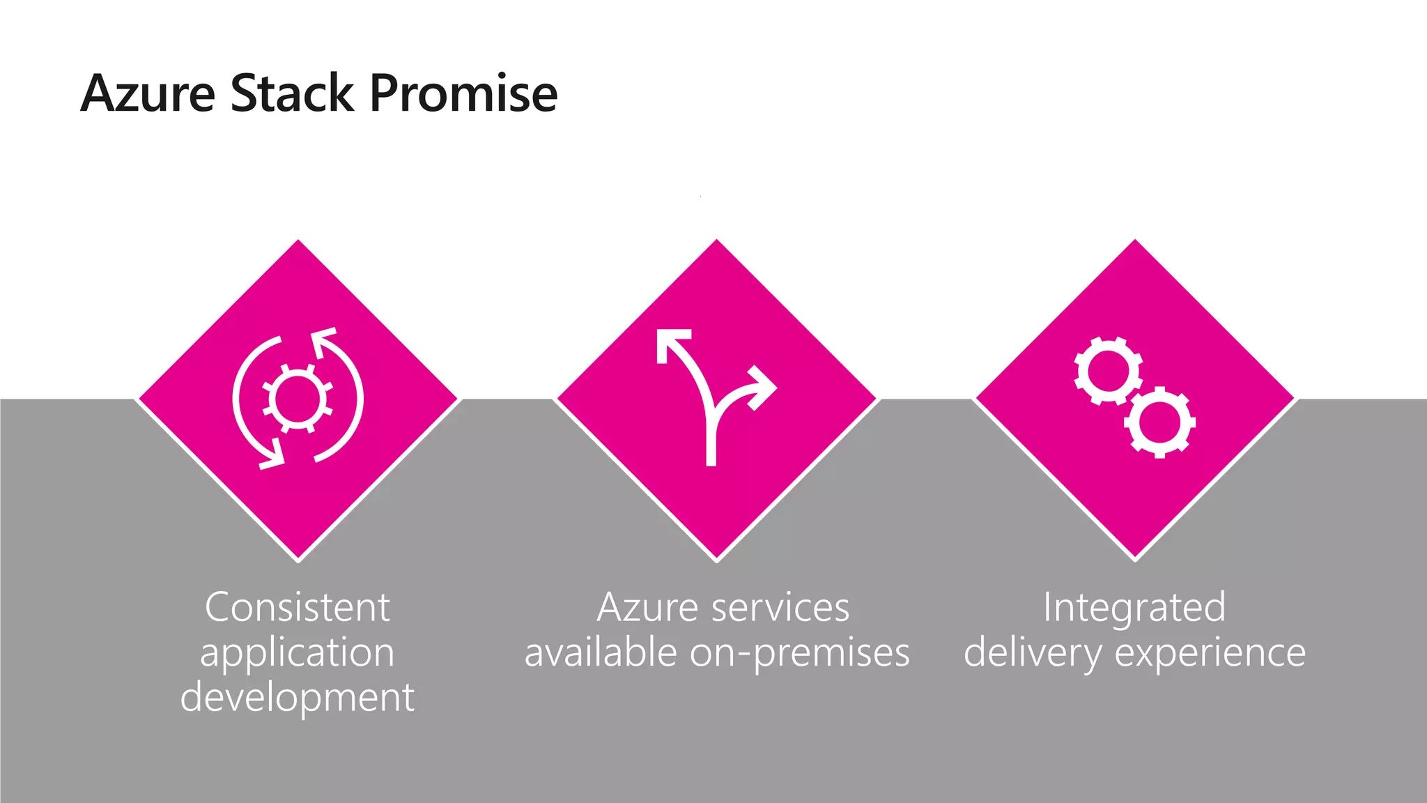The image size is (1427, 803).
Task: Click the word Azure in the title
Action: pyautogui.click(x=148, y=93)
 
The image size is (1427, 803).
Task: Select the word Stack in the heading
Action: pyautogui.click(x=292, y=93)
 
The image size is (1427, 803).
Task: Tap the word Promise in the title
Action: pyautogui.click(x=463, y=93)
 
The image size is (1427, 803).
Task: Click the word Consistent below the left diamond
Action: pyautogui.click(x=298, y=608)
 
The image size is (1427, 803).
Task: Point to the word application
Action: pyautogui.click(x=298, y=654)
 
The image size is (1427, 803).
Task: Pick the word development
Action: pyautogui.click(x=298, y=697)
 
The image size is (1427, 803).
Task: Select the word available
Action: pyautogui.click(x=601, y=653)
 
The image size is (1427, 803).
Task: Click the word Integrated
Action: pyautogui.click(x=1134, y=608)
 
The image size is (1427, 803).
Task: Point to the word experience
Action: pyautogui.click(x=1210, y=654)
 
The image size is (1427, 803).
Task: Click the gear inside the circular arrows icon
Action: pyautogui.click(x=298, y=399)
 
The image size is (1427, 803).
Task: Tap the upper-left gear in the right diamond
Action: pyautogui.click(x=1107, y=371)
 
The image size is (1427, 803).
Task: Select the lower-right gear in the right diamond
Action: pyautogui.click(x=1160, y=422)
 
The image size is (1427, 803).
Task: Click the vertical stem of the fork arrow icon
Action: pyautogui.click(x=711, y=439)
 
